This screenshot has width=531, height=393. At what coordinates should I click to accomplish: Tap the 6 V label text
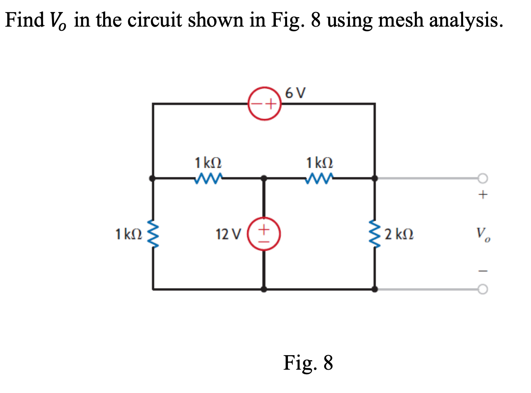[295, 92]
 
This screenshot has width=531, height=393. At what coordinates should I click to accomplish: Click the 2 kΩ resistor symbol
[375, 233]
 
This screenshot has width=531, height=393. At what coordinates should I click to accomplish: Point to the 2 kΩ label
[399, 234]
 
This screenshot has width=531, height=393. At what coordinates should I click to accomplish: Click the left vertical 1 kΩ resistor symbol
[153, 234]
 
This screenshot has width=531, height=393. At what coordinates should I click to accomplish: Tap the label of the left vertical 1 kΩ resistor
[128, 234]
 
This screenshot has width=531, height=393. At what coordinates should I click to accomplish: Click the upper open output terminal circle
[482, 179]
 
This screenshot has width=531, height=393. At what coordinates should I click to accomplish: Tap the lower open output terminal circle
[482, 289]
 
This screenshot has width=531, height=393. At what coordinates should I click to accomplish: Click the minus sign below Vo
[483, 271]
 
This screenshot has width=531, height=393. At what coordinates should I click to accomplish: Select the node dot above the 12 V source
[264, 179]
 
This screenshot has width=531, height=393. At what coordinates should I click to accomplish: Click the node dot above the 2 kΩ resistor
[375, 179]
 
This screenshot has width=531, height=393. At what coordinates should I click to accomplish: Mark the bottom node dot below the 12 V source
[264, 289]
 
